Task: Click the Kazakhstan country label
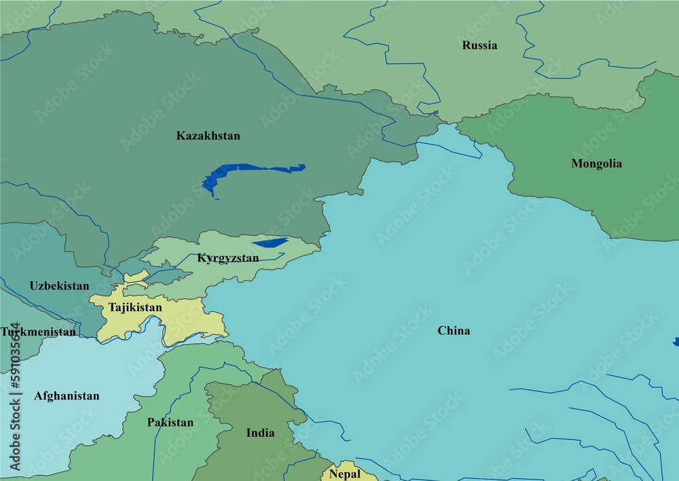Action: (x=208, y=136)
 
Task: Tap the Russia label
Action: (x=479, y=46)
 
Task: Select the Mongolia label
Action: (x=596, y=164)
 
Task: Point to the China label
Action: (x=454, y=331)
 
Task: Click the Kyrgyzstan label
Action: (x=227, y=258)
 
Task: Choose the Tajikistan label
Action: (x=135, y=308)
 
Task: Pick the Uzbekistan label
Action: (x=59, y=286)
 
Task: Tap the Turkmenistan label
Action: (x=38, y=332)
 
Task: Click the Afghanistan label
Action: (x=67, y=396)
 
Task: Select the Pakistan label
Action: (x=170, y=423)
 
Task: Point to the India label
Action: (x=260, y=433)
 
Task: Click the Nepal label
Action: (x=345, y=474)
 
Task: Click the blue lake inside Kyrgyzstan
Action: (x=270, y=243)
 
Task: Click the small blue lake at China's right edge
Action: (x=676, y=342)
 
